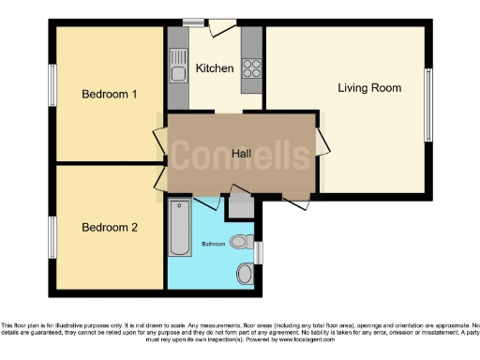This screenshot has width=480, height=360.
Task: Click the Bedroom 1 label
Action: click(x=110, y=94)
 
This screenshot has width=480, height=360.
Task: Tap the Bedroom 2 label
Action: click(x=110, y=227)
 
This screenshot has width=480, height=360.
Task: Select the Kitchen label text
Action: click(x=215, y=68)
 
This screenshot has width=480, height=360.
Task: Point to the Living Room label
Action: click(x=369, y=88)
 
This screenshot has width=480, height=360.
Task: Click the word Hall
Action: click(x=241, y=153)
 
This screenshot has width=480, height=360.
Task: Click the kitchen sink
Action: click(x=178, y=67)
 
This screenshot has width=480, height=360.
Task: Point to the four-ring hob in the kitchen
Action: click(x=252, y=67)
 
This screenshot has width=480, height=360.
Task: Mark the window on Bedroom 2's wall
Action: click(x=53, y=231)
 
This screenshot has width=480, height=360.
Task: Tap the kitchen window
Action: click(x=194, y=22)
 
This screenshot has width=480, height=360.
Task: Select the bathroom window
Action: click(x=259, y=251)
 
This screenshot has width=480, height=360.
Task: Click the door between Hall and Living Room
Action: click(x=322, y=142)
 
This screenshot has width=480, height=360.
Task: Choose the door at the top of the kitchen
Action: click(x=223, y=27)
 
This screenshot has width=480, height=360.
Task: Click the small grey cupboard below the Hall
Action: click(x=240, y=207)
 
